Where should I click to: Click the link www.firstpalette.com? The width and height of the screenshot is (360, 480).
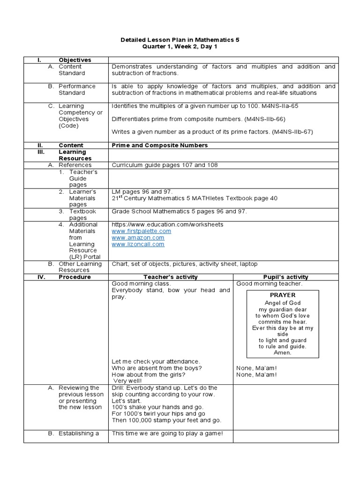click(141, 231)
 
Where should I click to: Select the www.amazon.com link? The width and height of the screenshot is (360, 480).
click(138, 238)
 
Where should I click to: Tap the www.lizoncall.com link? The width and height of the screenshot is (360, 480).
click(138, 244)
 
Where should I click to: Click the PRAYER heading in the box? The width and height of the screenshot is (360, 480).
click(283, 295)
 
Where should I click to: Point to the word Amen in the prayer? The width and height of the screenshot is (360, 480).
click(282, 352)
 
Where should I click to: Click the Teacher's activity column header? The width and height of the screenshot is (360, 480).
click(171, 277)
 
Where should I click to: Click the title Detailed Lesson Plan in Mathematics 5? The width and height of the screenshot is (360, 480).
click(180, 40)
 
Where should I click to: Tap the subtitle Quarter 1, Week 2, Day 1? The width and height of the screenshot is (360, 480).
click(180, 47)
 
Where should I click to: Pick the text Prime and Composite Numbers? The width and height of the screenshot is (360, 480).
click(159, 145)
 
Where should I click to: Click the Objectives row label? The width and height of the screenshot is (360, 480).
click(75, 60)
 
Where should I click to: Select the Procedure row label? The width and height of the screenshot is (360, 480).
click(75, 277)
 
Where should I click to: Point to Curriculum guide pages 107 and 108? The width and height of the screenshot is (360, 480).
click(165, 165)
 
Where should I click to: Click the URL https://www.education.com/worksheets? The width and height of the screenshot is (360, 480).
click(167, 225)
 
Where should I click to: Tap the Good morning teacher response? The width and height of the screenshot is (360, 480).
click(269, 284)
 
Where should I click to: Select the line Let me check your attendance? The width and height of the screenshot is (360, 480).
click(156, 361)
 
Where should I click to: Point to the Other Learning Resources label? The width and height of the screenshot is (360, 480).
click(80, 267)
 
